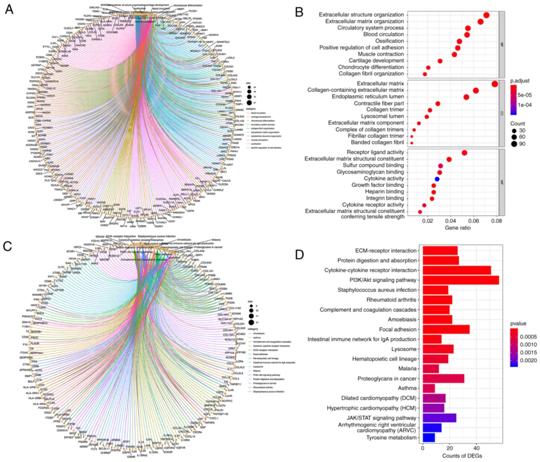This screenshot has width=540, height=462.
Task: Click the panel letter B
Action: [299, 12]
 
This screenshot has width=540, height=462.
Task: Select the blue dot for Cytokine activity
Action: [437, 179]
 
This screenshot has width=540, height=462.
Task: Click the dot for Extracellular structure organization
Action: [486, 15]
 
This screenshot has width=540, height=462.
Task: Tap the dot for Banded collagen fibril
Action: [412, 143]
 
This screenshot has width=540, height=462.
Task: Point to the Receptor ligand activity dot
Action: [464, 153]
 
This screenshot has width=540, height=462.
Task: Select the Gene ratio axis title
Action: [458, 228]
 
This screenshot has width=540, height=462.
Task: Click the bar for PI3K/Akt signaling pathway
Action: [461, 280]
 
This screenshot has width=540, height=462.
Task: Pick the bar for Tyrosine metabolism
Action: [429, 438]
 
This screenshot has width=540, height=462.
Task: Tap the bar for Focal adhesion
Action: [446, 329]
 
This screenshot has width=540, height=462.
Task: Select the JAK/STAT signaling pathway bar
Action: [439, 418]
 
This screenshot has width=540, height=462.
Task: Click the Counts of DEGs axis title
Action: [462, 456]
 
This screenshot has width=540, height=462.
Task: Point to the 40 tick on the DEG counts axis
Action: [476, 449]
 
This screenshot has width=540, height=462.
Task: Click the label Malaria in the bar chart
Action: [407, 369]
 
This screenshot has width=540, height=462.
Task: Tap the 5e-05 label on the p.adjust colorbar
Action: [525, 95]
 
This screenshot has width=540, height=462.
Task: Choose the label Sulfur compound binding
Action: [373, 166]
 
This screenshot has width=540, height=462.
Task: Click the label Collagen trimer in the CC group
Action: [385, 110]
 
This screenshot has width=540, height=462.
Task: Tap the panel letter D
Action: [299, 255]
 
